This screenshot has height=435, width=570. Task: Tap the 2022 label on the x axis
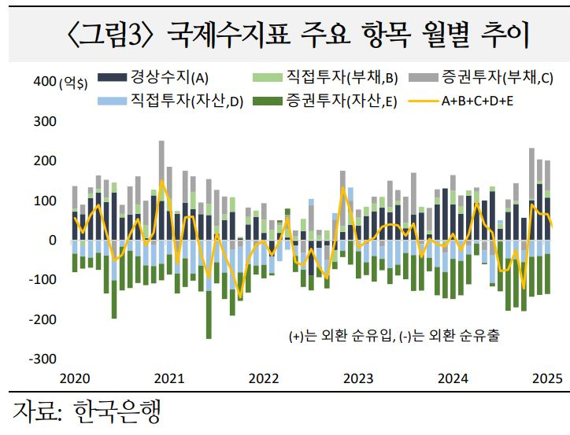[x=264, y=378]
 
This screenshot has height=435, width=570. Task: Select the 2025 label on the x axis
[x=546, y=378]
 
